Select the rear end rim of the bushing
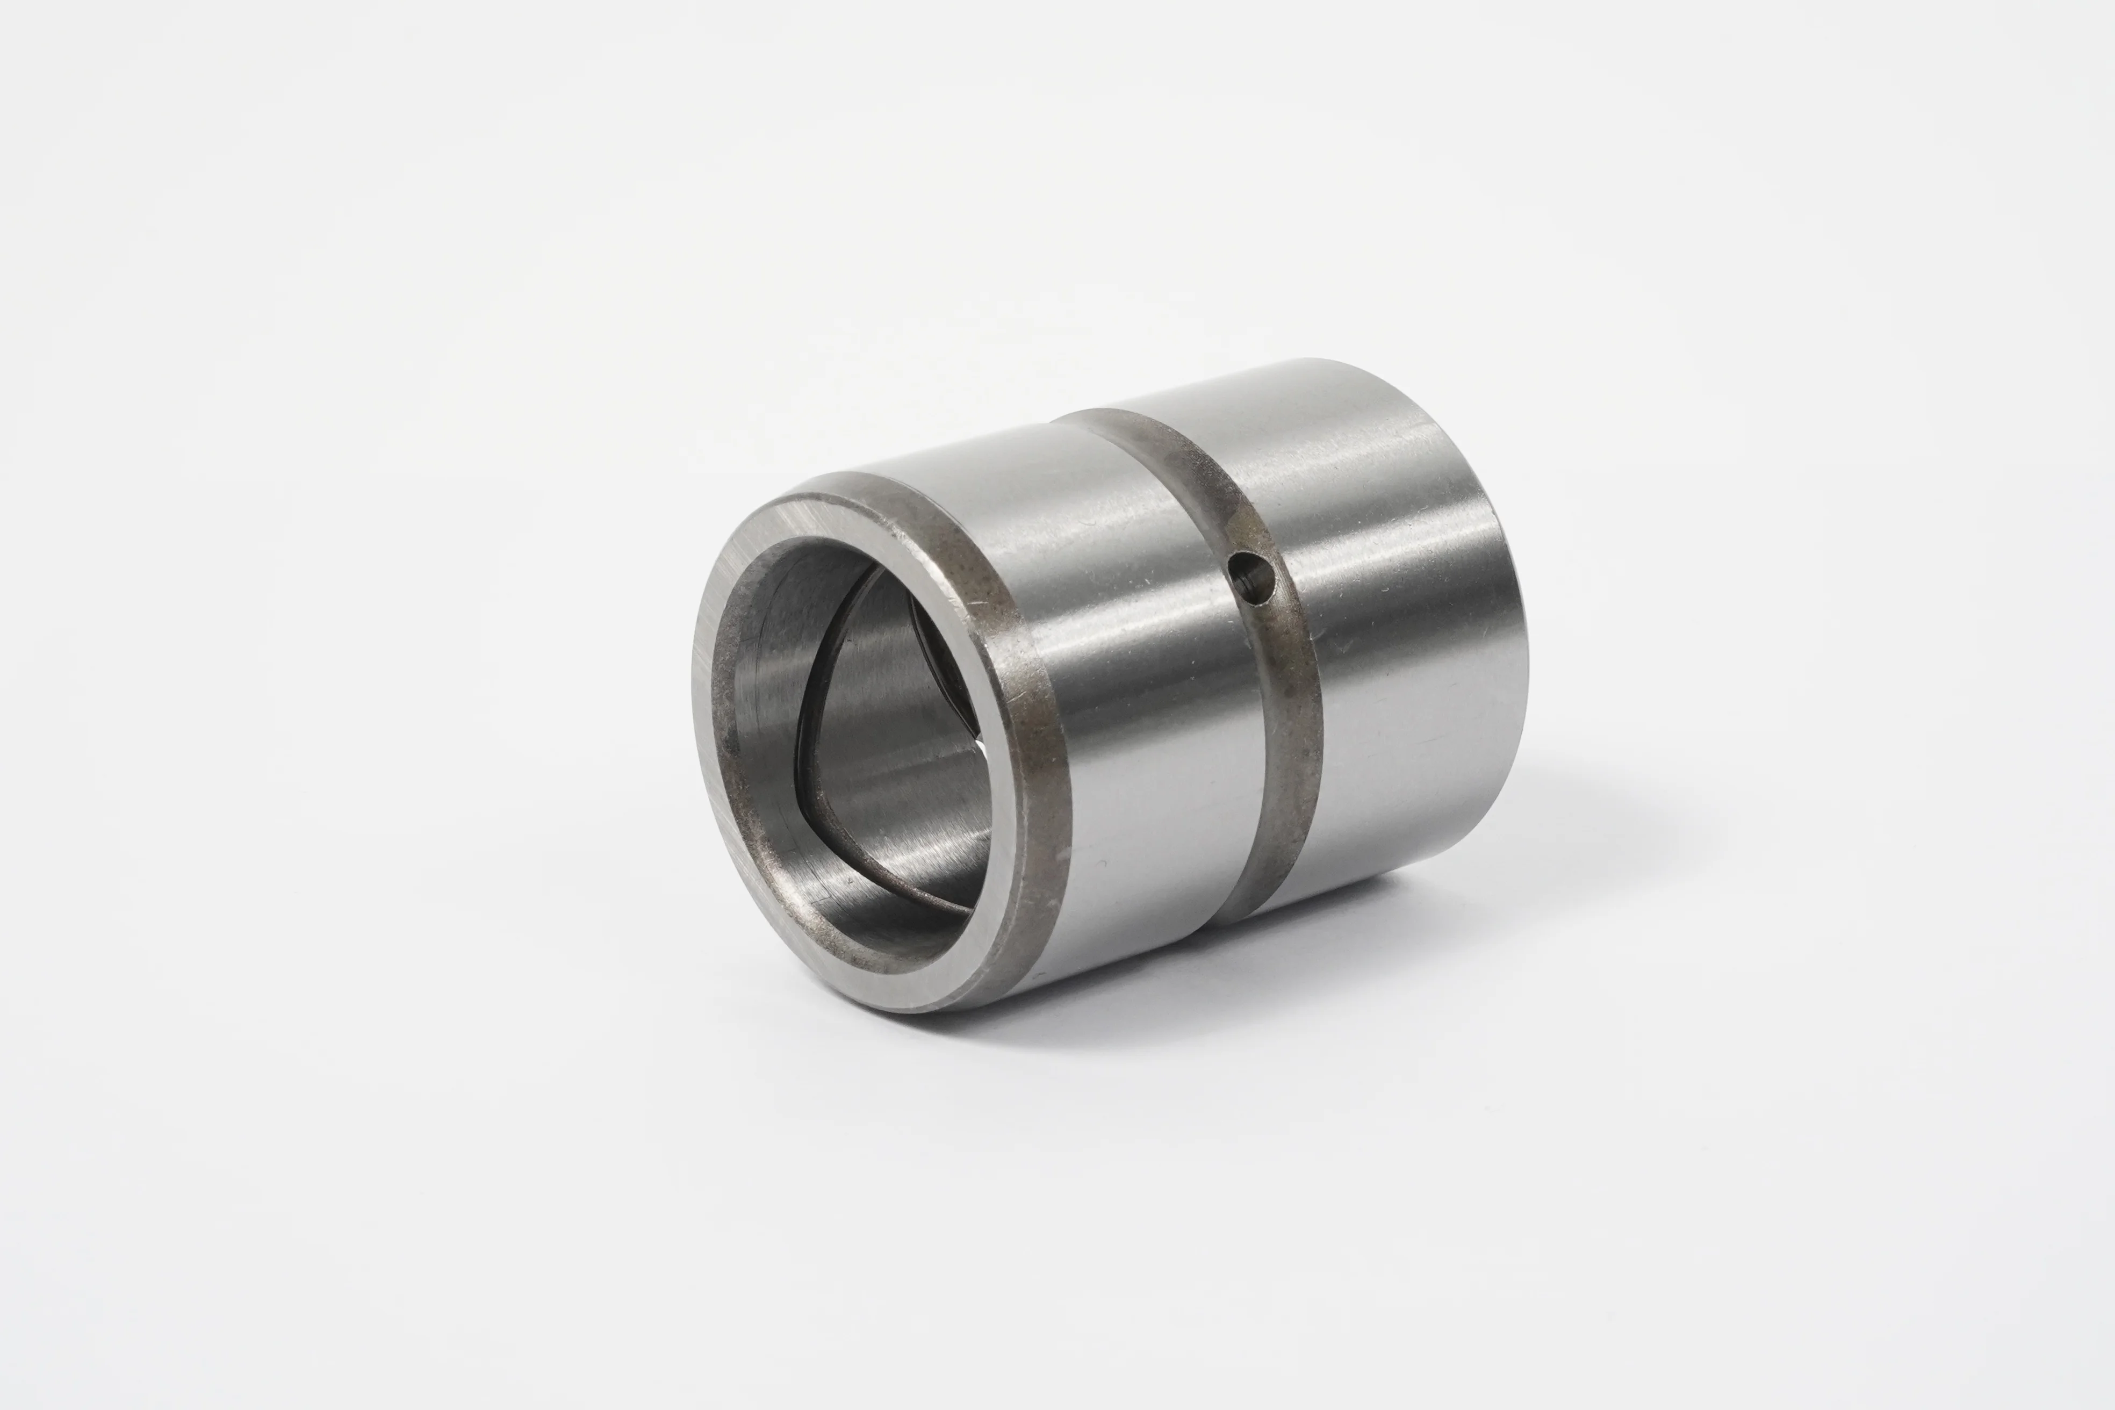click(x=1520, y=665)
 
